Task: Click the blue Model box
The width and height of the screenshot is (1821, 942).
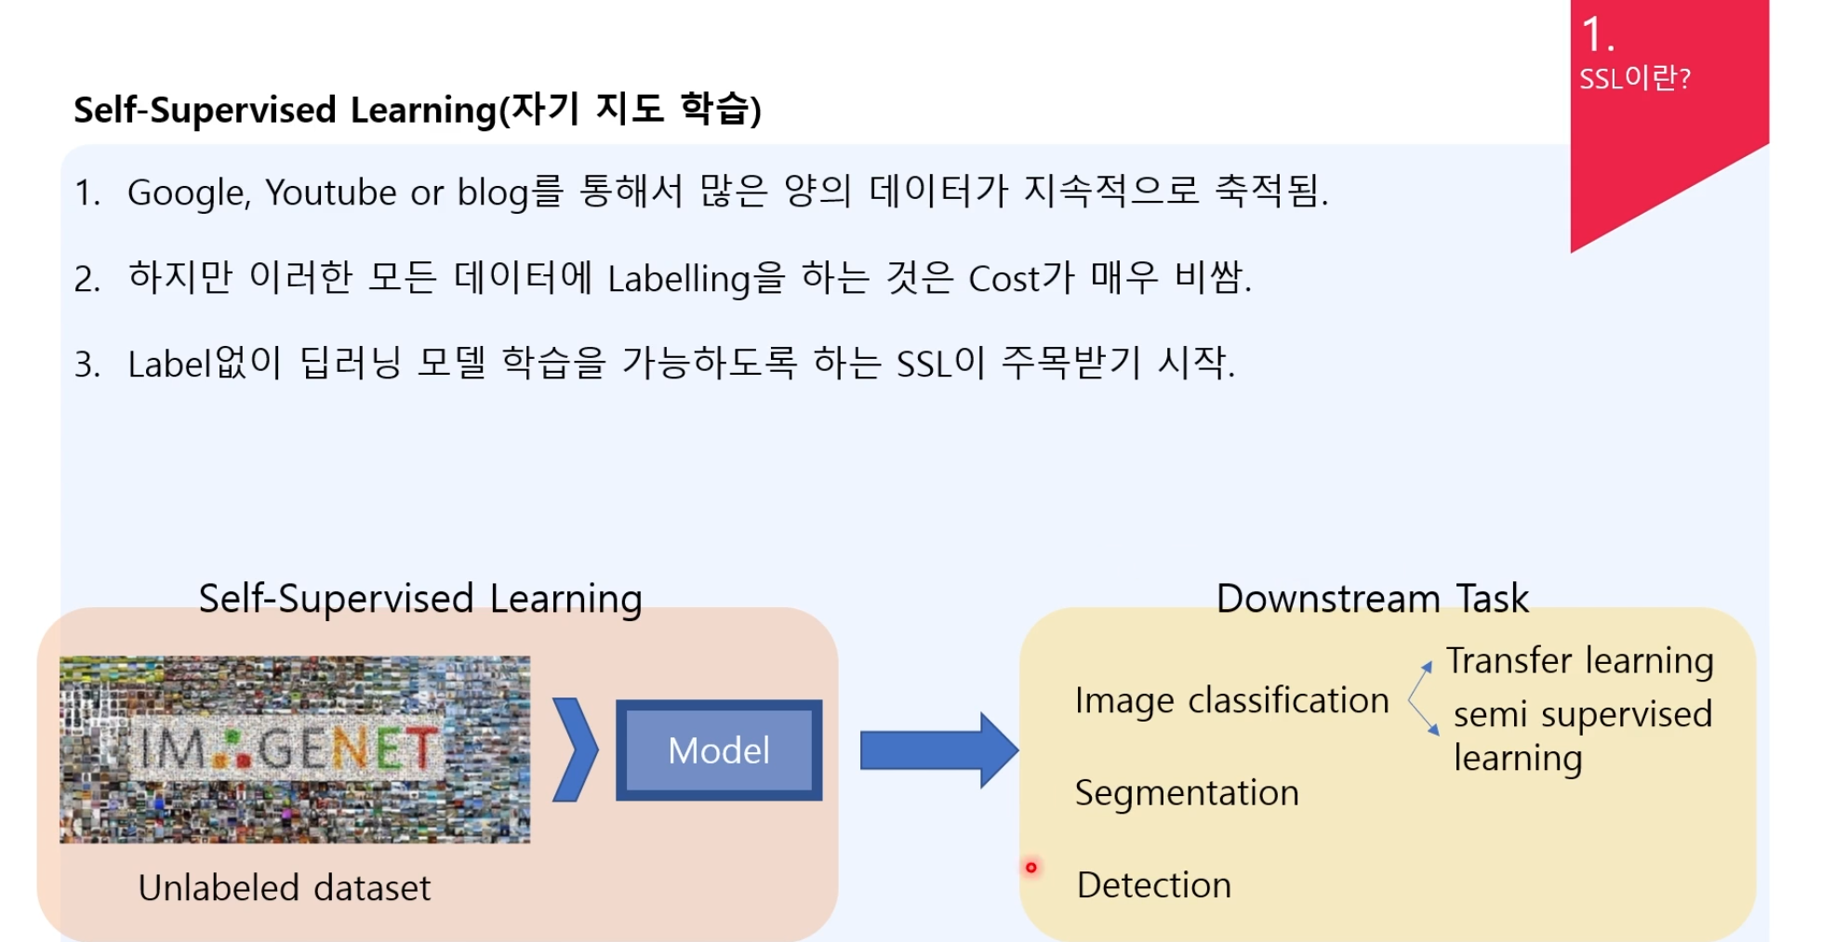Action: [x=718, y=750]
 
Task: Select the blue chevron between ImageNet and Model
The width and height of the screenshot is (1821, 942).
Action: [x=575, y=750]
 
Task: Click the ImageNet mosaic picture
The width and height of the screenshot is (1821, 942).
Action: [x=295, y=750]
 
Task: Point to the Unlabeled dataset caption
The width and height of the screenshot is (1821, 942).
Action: [x=285, y=888]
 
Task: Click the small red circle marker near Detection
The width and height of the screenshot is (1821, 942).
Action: [x=1030, y=868]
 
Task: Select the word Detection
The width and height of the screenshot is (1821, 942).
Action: [x=1153, y=885]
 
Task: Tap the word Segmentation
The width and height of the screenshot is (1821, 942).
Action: [x=1186, y=793]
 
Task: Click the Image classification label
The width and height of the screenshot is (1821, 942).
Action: [x=1231, y=700]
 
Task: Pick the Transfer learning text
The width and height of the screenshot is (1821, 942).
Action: [x=1579, y=660]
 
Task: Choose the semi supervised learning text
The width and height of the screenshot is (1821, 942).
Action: [x=1581, y=735]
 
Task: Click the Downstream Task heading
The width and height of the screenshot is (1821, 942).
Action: [x=1372, y=599]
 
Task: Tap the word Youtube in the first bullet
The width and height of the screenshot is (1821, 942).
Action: [x=331, y=192]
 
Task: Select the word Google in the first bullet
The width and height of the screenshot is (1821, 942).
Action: [x=187, y=193]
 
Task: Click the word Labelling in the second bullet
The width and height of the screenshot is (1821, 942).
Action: [x=679, y=279]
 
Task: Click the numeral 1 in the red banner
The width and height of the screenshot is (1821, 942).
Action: [x=1594, y=35]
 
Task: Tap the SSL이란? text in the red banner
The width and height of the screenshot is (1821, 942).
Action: [x=1634, y=78]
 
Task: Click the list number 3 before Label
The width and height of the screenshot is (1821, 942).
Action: [x=86, y=365]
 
